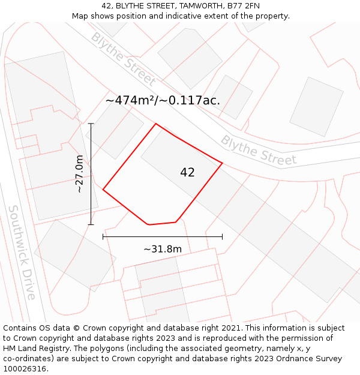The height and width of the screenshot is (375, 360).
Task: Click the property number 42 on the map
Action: tap(187, 173)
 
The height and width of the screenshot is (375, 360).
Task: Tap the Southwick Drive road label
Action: tap(22, 252)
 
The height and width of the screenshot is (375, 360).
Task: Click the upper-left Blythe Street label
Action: tap(123, 59)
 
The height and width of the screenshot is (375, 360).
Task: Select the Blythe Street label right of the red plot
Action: tap(259, 150)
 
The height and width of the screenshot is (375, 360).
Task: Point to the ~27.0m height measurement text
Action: tap(79, 174)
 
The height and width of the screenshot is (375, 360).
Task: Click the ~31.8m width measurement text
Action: tap(162, 249)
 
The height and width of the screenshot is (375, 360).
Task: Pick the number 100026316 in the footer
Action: tap(25, 369)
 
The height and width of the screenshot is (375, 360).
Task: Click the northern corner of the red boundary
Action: tap(156, 124)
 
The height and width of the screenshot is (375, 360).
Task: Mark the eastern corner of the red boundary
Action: tap(223, 163)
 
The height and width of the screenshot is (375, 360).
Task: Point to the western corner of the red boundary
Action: tap(103, 190)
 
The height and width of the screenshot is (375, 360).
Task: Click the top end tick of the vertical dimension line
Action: tap(91, 124)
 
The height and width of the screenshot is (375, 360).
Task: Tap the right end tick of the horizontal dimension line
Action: tap(223, 237)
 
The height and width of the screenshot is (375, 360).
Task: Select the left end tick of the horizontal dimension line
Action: tap(103, 237)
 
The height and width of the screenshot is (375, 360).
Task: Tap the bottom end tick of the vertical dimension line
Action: tap(91, 225)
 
